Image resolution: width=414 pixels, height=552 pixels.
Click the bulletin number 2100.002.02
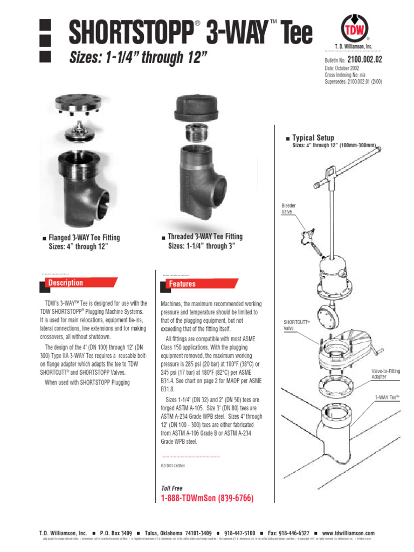[364, 60]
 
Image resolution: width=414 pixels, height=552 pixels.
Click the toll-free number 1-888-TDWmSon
[207, 498]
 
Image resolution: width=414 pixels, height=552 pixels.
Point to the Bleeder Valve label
[289, 209]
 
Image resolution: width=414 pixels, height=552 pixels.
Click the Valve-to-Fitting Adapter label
[385, 374]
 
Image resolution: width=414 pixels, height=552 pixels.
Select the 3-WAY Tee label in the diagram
[388, 397]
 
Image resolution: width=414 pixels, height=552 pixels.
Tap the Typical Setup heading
[313, 138]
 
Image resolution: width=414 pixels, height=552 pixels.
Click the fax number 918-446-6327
[288, 533]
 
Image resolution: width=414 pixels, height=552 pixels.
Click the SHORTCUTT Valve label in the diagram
[293, 325]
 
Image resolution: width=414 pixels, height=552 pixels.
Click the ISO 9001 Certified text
[173, 465]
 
